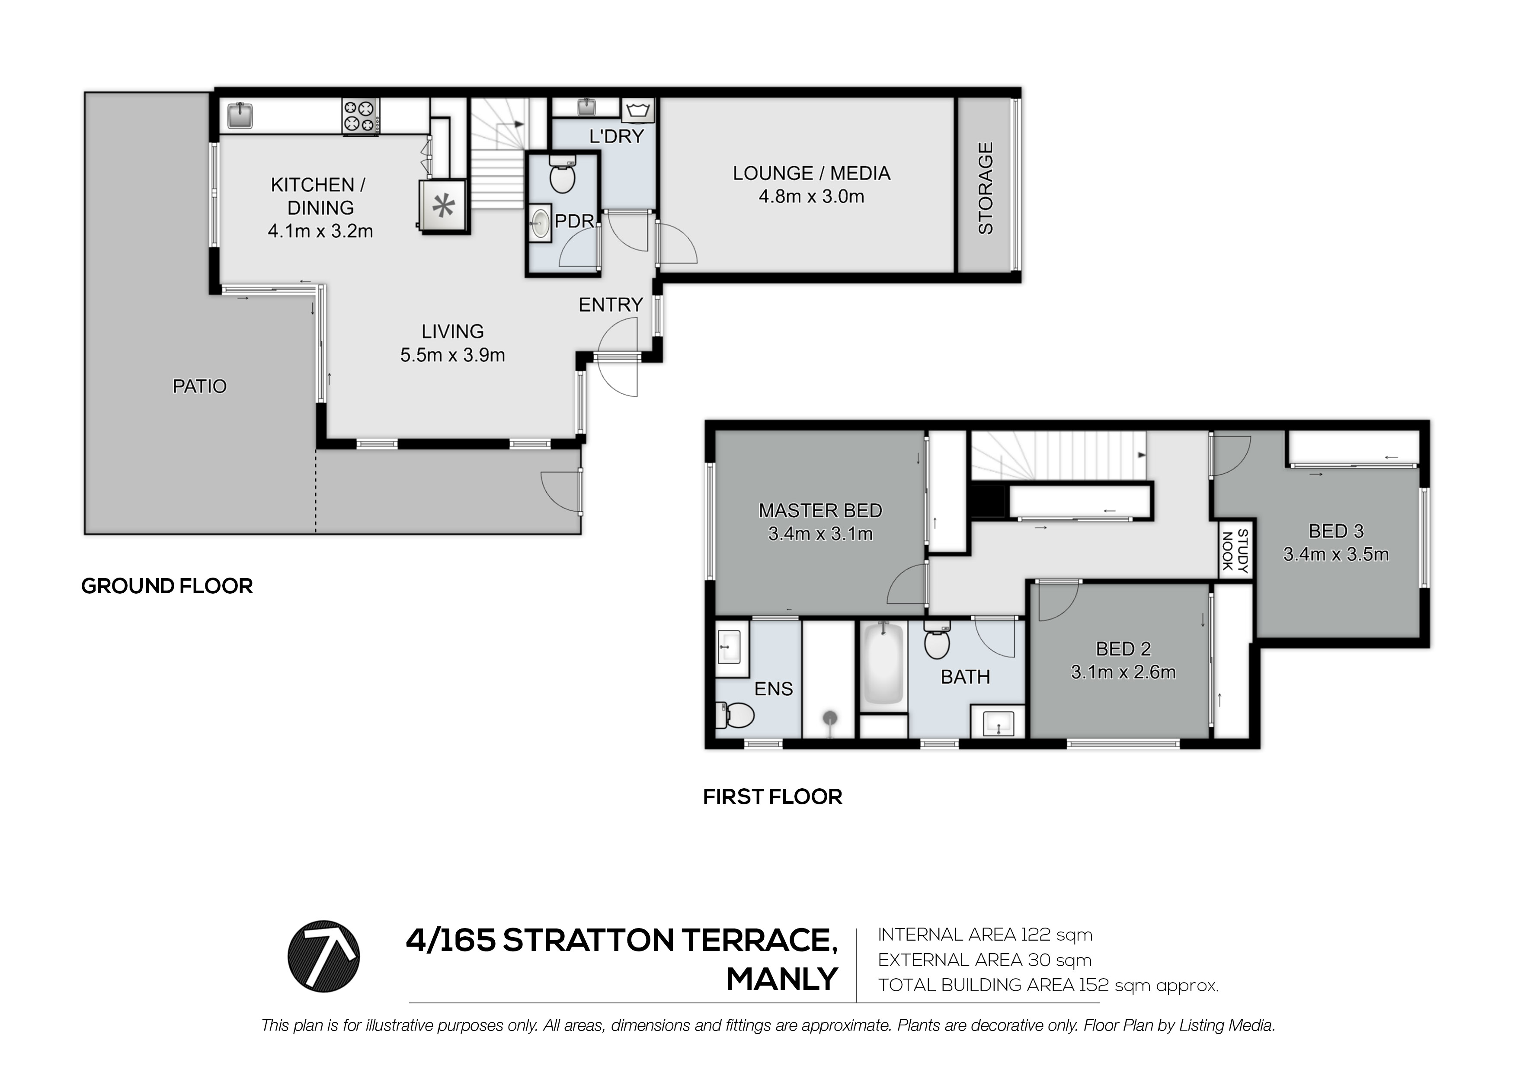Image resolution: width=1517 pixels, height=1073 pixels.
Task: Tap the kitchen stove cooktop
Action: pyautogui.click(x=360, y=117)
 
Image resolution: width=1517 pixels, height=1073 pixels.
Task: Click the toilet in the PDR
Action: pyautogui.click(x=562, y=174)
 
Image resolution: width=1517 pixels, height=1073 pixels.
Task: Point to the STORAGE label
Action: pyautogui.click(x=985, y=188)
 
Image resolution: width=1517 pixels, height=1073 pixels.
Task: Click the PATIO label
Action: pyautogui.click(x=199, y=386)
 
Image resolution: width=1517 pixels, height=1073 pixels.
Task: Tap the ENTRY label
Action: pyautogui.click(x=611, y=305)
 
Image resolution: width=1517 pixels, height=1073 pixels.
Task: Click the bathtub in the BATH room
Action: pyautogui.click(x=883, y=665)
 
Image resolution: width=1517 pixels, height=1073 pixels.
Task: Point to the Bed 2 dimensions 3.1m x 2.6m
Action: pyautogui.click(x=1123, y=672)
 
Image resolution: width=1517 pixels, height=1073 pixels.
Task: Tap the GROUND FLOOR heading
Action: pyautogui.click(x=167, y=586)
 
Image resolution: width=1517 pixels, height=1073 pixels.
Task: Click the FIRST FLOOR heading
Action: pyautogui.click(x=772, y=797)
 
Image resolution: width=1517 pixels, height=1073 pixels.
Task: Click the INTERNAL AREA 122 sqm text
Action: pyautogui.click(x=985, y=934)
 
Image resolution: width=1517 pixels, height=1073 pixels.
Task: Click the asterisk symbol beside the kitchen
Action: pyautogui.click(x=443, y=207)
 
